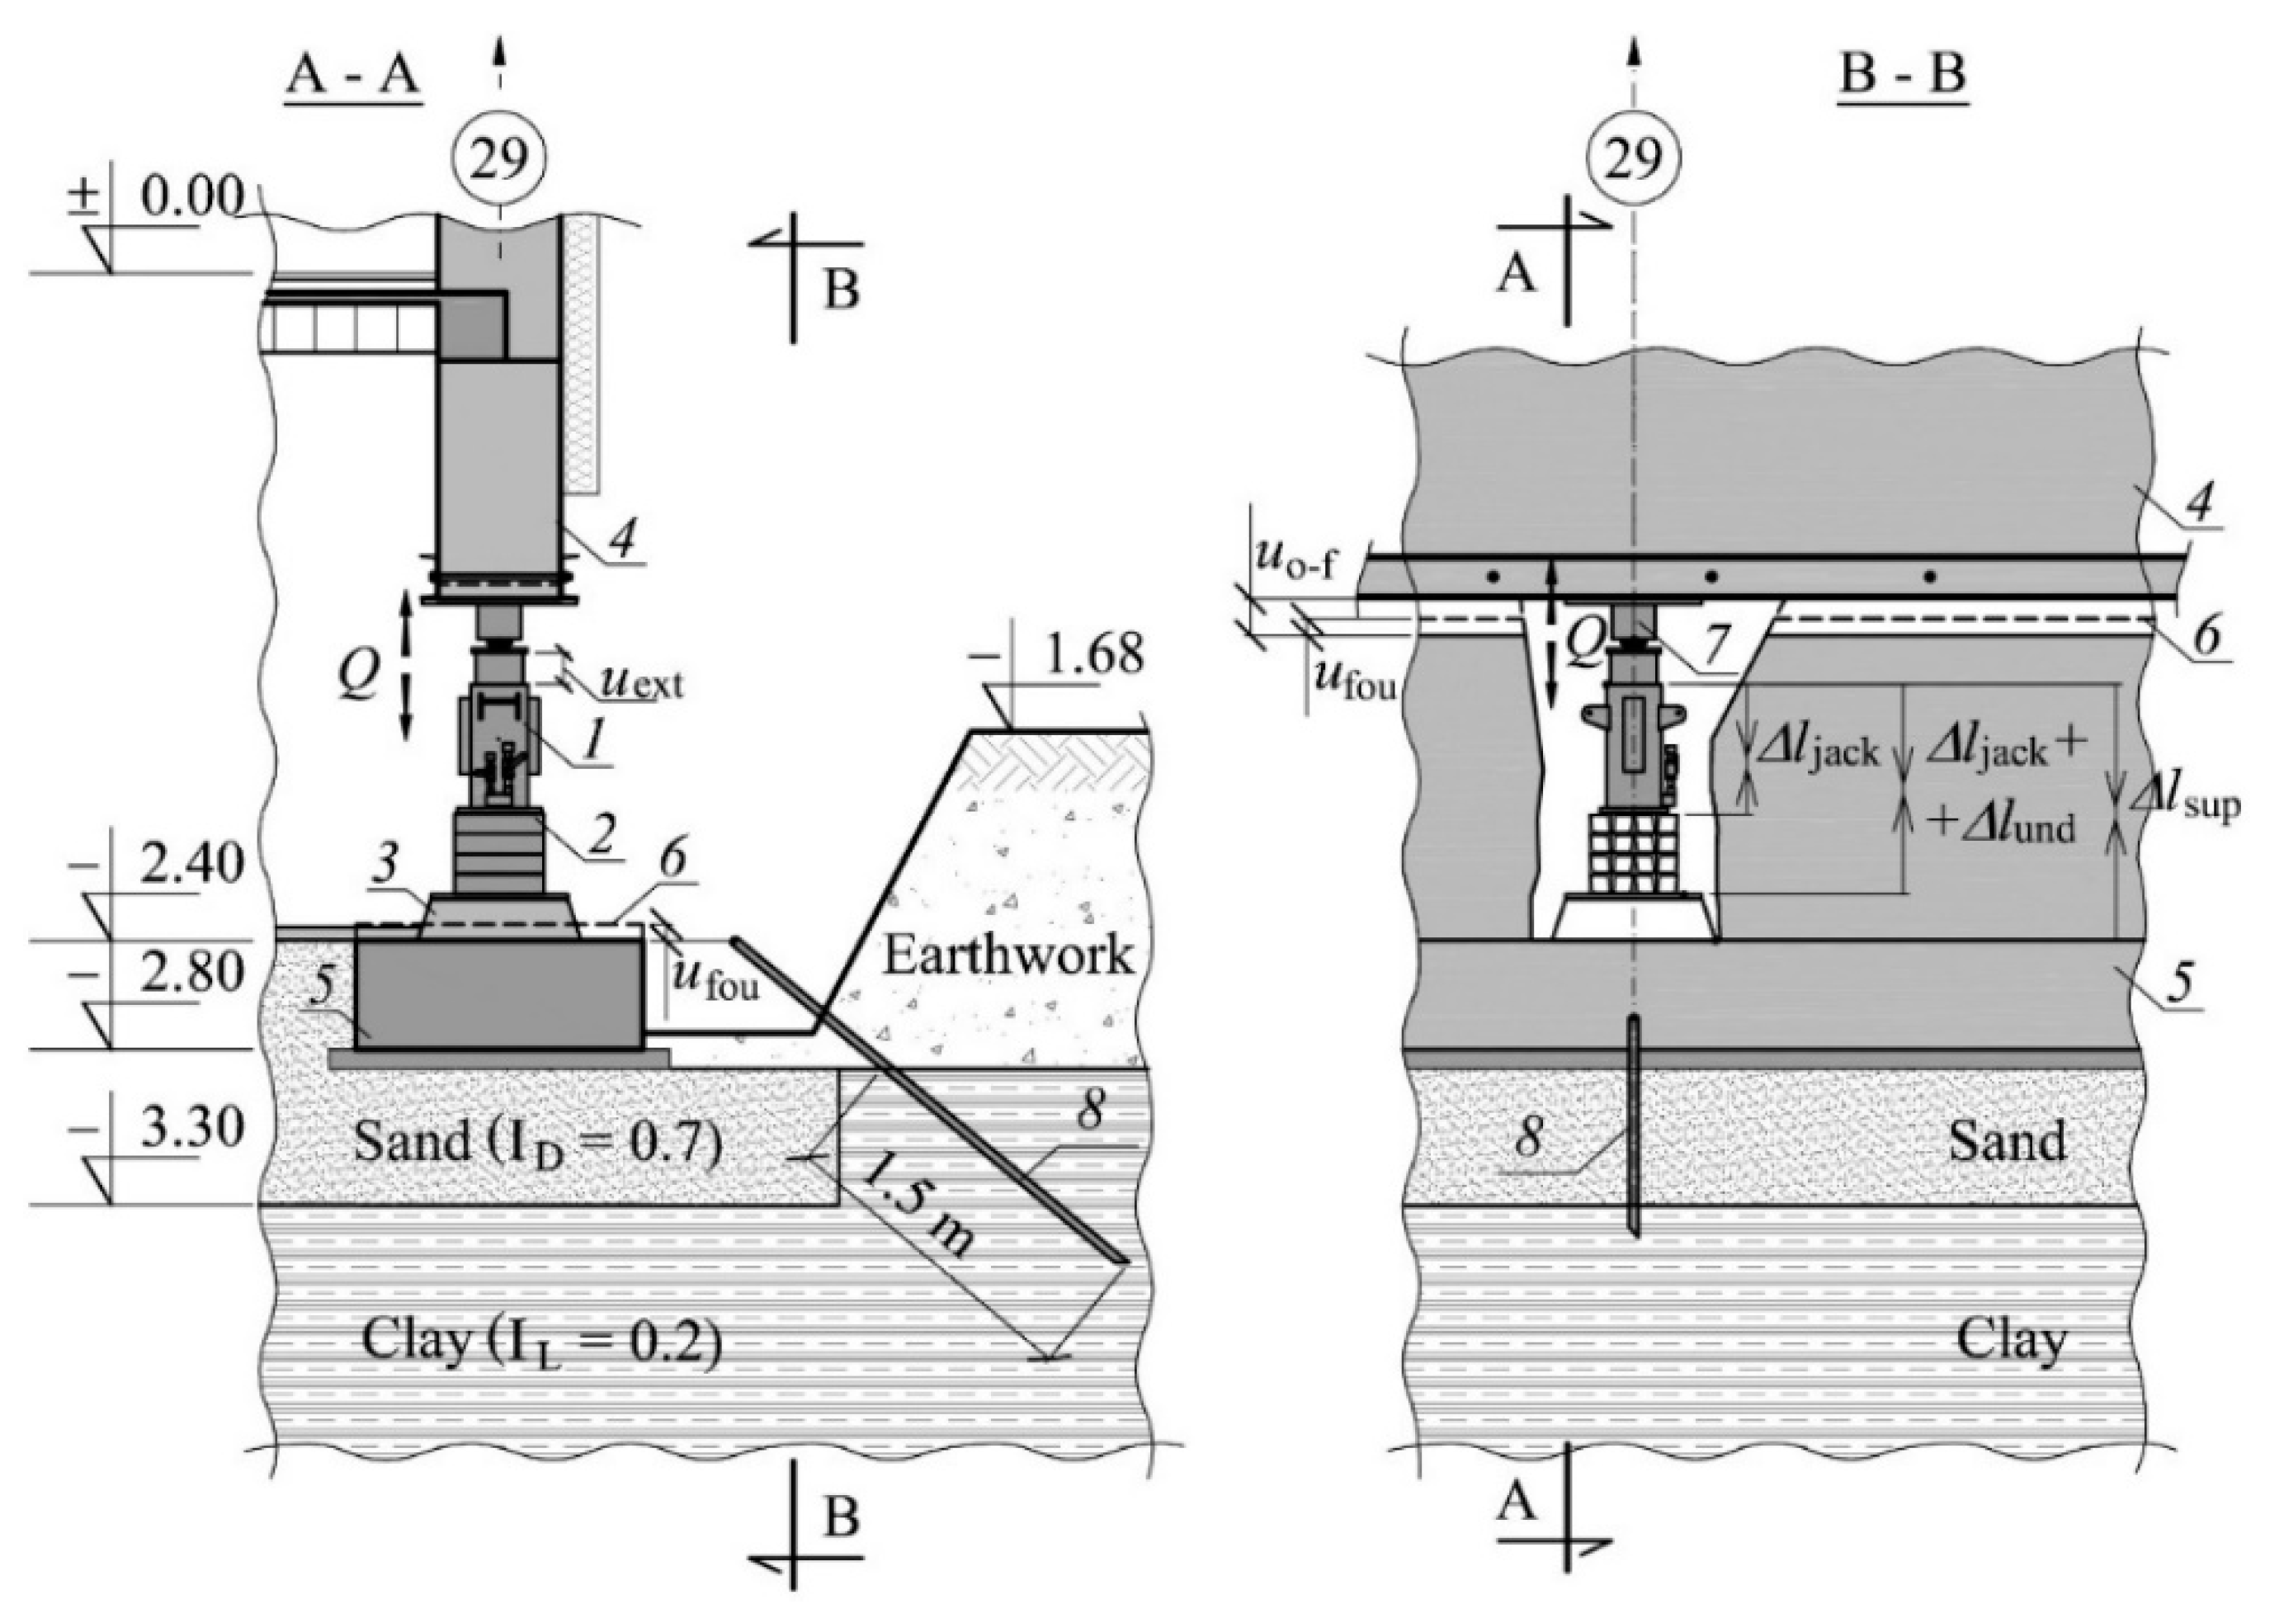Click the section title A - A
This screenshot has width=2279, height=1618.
(x=355, y=77)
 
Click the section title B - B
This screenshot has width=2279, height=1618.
(x=1901, y=77)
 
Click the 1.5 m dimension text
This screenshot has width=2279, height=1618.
(x=914, y=1220)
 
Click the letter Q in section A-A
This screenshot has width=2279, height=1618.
(x=356, y=677)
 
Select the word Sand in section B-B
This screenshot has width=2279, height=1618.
(x=2006, y=1139)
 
